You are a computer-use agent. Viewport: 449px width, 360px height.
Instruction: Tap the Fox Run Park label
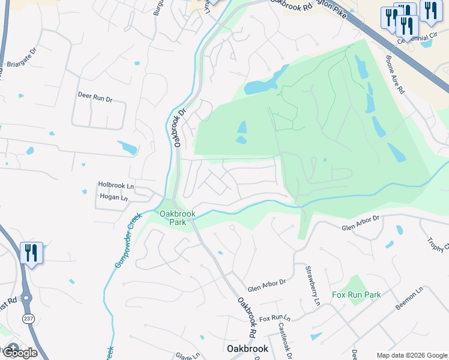click(356, 295)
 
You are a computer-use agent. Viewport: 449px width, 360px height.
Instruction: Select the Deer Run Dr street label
click(95, 95)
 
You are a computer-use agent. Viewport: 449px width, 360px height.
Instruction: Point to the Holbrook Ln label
click(116, 186)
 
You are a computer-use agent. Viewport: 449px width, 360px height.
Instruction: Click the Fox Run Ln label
click(274, 317)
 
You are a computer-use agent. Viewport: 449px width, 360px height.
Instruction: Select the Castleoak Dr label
click(285, 340)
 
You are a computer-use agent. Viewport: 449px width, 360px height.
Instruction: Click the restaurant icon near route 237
click(31, 253)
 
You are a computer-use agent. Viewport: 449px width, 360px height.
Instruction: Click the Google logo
click(20, 353)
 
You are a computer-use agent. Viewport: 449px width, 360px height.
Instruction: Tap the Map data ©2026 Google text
click(411, 355)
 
